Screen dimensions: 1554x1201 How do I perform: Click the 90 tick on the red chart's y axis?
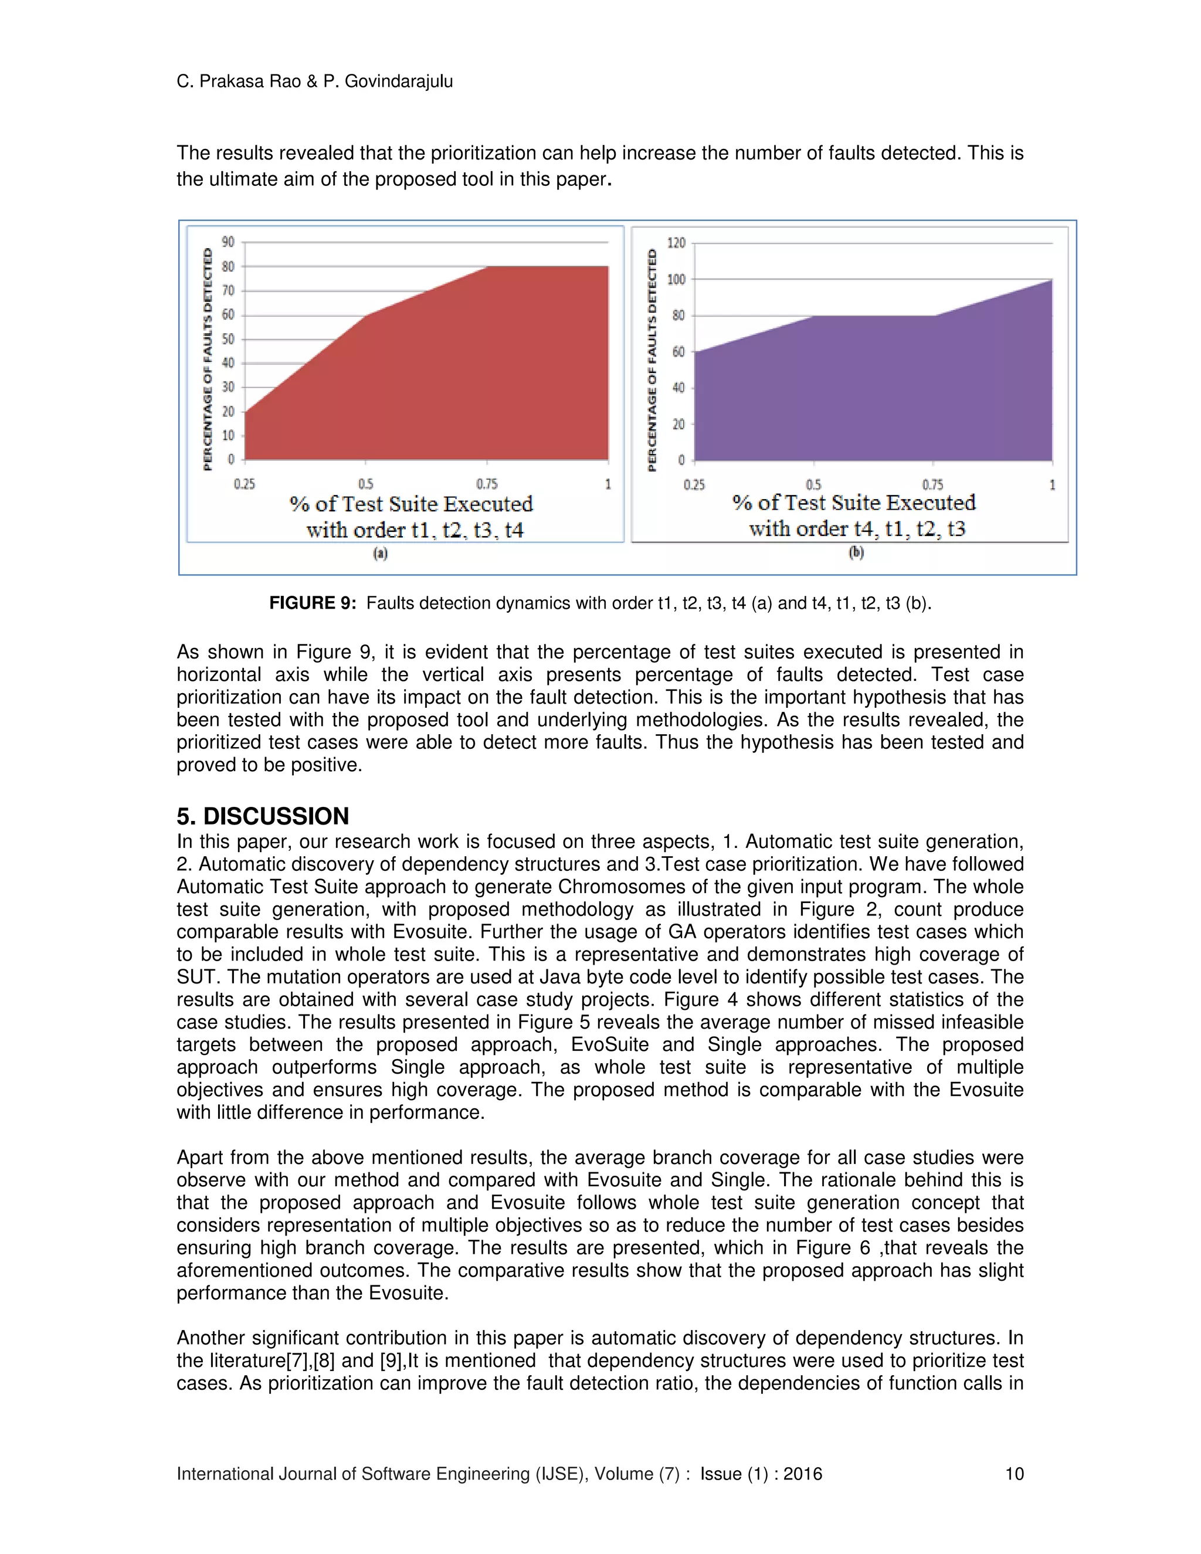[228, 242]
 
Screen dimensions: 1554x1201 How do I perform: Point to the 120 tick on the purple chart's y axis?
[676, 243]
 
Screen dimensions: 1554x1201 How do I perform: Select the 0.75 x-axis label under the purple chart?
[933, 484]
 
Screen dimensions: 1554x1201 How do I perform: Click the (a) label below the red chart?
[381, 553]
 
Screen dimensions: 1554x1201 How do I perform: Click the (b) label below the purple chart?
[857, 552]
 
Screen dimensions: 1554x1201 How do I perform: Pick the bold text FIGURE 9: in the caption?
[313, 603]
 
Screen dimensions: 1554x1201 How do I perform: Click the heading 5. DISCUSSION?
[263, 816]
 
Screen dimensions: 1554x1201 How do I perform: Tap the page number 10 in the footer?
[1014, 1474]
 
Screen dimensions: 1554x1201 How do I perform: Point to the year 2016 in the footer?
[803, 1474]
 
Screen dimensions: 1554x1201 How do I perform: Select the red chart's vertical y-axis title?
[208, 359]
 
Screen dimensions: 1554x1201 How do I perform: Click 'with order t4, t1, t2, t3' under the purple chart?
[857, 529]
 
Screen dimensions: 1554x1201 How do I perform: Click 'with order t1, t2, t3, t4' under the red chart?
[415, 530]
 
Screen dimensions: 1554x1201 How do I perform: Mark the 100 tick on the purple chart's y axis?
[676, 280]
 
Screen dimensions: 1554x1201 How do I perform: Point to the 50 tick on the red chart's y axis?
[228, 339]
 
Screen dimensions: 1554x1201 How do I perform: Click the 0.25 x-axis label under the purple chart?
[694, 484]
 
